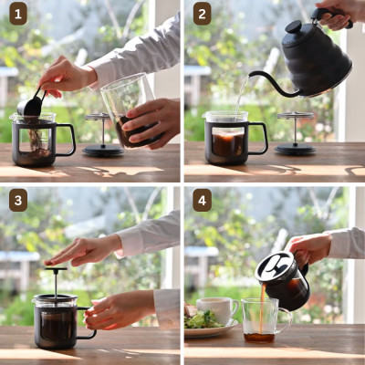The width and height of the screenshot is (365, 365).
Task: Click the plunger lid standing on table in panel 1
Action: coord(102,137)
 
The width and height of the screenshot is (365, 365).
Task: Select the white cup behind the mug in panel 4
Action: coord(217,310)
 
